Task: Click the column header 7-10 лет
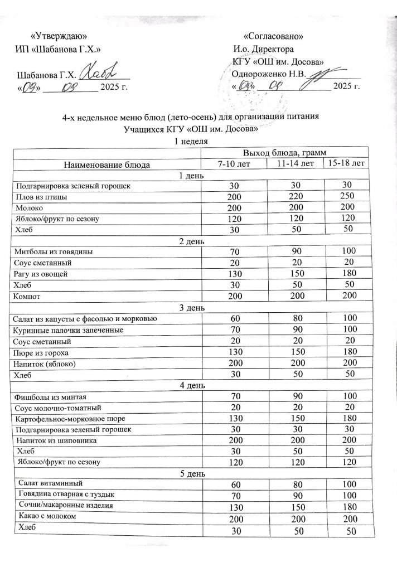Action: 233,163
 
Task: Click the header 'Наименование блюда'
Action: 106,164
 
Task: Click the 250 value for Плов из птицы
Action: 347,197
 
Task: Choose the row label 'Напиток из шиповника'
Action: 56,440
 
